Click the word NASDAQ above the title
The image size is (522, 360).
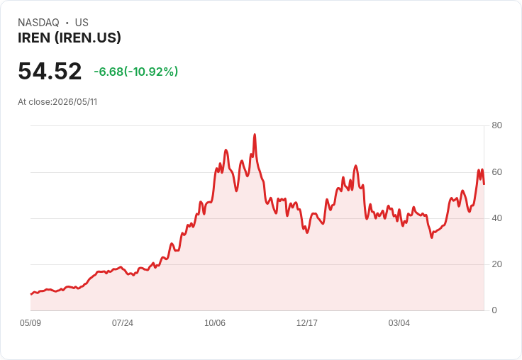[38, 23]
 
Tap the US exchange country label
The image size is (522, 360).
[82, 23]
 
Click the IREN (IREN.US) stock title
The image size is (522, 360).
[70, 38]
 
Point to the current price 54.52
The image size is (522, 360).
[50, 71]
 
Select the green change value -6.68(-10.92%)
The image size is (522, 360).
[136, 72]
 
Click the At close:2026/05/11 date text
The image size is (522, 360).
[57, 102]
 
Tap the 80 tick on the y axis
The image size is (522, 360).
[496, 125]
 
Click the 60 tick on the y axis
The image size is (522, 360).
[496, 172]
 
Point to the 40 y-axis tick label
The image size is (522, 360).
[496, 218]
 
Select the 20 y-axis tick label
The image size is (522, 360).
[496, 264]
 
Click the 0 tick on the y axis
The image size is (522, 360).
[494, 310]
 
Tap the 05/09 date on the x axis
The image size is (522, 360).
[30, 323]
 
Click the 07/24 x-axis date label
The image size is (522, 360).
[123, 323]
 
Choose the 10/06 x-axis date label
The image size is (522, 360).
[215, 323]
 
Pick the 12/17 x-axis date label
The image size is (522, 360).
[307, 323]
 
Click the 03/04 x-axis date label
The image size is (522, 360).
[399, 323]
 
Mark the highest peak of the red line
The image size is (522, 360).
[255, 135]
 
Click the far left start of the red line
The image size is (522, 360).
[30, 294]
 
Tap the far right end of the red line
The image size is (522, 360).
[484, 184]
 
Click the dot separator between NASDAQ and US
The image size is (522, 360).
[67, 23]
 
